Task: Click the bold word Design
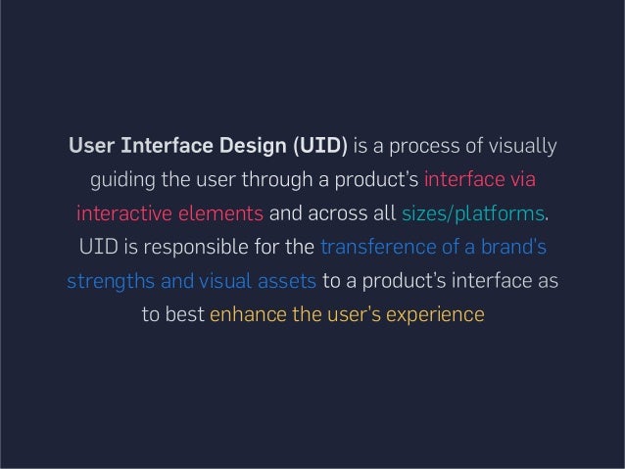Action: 250,147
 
